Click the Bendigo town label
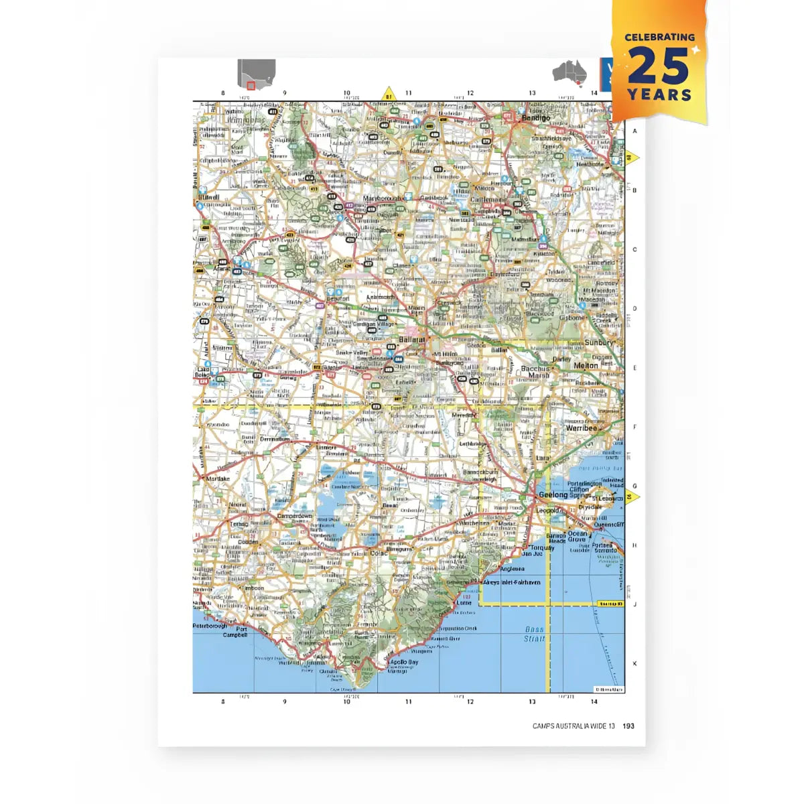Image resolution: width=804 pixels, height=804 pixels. (x=535, y=118)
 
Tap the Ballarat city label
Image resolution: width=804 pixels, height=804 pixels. (x=411, y=340)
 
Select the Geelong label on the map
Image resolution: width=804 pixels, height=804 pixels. (x=553, y=495)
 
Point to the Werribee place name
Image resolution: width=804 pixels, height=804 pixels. (x=581, y=428)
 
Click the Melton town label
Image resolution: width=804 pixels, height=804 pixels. (x=586, y=366)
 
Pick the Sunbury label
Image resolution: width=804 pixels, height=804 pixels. (x=598, y=342)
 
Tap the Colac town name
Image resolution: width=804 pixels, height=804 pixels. (x=379, y=553)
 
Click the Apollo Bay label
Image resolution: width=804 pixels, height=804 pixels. (x=403, y=663)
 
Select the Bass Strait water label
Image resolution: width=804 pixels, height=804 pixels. (x=534, y=634)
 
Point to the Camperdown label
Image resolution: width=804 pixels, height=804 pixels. (x=295, y=517)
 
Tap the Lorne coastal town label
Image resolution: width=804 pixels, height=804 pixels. (x=464, y=602)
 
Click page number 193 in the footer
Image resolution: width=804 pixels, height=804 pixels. (x=628, y=726)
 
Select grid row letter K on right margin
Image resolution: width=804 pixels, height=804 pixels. (x=634, y=663)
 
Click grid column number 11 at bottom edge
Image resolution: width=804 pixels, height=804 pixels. (x=409, y=701)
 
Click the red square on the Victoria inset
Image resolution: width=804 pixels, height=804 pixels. (x=251, y=85)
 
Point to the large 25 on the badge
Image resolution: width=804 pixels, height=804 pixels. (x=659, y=66)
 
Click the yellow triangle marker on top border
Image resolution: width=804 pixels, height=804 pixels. (x=388, y=94)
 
